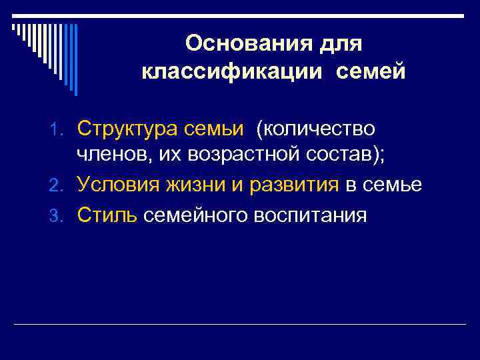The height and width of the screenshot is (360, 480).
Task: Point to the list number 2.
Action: coord(65,186)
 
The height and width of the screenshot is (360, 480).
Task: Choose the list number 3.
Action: coord(65,215)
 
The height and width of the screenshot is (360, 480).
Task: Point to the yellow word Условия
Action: coord(118,185)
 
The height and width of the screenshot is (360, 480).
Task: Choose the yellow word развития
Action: coord(294,185)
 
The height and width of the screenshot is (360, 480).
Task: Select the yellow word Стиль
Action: coord(107,214)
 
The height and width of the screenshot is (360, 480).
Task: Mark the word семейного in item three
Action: coord(199,214)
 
